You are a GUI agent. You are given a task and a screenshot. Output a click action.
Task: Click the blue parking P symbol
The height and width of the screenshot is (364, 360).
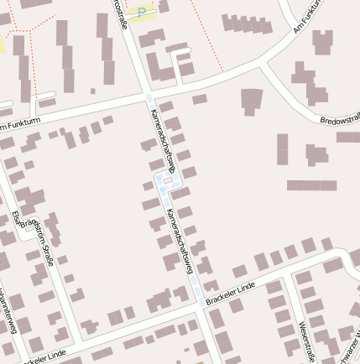coord(142,11)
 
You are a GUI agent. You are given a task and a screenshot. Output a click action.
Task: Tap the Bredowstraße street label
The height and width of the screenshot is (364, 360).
coord(340,120)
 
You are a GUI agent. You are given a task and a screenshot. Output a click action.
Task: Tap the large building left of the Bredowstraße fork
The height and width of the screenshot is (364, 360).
coord(252,101)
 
